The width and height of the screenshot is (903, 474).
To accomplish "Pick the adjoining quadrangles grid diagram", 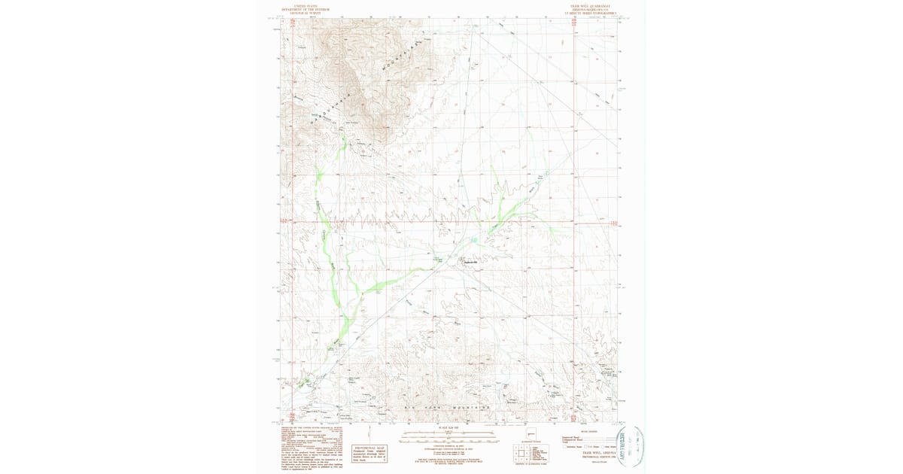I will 521,451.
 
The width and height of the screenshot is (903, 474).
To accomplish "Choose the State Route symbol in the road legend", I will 603,447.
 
